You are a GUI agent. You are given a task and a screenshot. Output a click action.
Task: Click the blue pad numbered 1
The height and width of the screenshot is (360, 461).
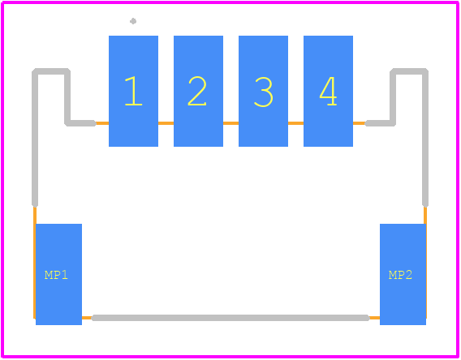coord(133,91)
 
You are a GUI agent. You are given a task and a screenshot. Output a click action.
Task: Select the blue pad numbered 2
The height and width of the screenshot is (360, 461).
coord(199,91)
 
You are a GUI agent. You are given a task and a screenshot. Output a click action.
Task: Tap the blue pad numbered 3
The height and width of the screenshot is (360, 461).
coord(263,91)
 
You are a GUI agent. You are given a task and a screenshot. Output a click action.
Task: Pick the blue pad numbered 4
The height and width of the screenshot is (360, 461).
coord(328,91)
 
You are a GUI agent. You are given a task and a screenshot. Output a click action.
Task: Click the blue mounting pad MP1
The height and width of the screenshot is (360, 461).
coord(58,274)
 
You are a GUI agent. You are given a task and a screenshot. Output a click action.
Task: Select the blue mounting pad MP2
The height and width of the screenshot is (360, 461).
coord(403,274)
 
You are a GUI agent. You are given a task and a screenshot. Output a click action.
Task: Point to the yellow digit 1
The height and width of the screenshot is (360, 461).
coord(133,91)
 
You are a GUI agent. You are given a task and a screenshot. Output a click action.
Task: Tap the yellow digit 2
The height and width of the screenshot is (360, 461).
coord(197,91)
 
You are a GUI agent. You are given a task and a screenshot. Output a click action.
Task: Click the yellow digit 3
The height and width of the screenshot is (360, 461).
coord(264,92)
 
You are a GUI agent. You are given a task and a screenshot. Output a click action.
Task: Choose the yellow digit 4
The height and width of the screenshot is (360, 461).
coord(328,91)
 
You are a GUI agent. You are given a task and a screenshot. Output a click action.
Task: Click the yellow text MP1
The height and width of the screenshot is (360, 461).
coord(56,275)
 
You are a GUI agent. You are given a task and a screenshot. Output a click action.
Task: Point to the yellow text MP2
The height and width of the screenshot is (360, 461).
coord(400,275)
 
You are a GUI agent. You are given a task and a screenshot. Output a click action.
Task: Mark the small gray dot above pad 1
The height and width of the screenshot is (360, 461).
coord(133,21)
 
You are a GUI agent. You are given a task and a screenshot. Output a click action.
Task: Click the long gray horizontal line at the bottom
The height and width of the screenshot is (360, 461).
coord(230,318)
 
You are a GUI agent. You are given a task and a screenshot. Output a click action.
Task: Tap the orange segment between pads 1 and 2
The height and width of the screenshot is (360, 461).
coord(166,123)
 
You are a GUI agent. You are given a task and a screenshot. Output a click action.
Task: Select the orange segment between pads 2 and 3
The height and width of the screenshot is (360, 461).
coord(230,123)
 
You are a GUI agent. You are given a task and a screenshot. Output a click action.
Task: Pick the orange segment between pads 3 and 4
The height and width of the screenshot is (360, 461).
coord(295,123)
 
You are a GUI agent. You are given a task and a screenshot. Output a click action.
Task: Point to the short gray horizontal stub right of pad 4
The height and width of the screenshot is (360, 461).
coord(380,123)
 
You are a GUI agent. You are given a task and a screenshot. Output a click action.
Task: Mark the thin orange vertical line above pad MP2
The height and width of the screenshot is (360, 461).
coord(425,215)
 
